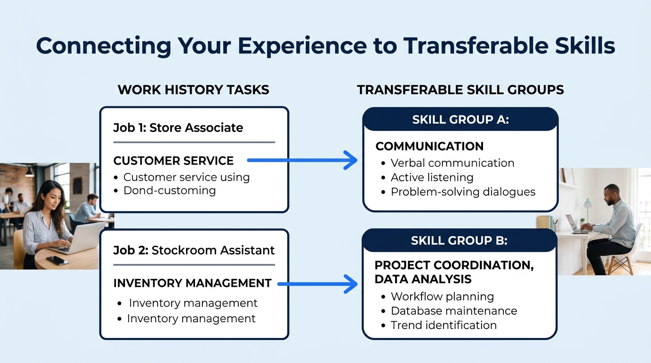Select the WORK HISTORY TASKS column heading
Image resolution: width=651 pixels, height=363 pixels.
click(193, 90)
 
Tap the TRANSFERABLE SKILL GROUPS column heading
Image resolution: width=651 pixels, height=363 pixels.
click(460, 90)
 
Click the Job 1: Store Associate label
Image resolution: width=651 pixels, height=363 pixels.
click(178, 128)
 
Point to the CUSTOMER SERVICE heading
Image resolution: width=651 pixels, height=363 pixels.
click(173, 161)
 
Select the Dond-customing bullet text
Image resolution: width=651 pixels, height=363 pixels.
click(169, 190)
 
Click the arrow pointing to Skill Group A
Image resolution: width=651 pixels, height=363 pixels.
click(303, 160)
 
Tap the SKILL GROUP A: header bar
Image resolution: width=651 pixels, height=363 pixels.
click(460, 120)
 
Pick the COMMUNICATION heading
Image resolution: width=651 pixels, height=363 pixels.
click(429, 147)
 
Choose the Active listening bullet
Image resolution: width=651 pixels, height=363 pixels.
click(431, 178)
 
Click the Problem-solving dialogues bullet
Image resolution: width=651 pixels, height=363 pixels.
click(463, 192)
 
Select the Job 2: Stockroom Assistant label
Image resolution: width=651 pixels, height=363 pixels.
click(194, 250)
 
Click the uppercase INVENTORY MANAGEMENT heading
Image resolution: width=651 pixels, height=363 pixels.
click(192, 283)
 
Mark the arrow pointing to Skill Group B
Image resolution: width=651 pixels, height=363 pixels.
click(317, 284)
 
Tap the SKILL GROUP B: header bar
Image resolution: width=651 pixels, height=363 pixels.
click(459, 241)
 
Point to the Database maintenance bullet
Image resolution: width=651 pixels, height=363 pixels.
click(453, 311)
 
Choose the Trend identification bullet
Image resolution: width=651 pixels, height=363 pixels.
click(443, 325)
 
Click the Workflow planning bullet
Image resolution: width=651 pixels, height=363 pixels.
click(442, 297)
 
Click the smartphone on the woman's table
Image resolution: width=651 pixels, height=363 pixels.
click(57, 260)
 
